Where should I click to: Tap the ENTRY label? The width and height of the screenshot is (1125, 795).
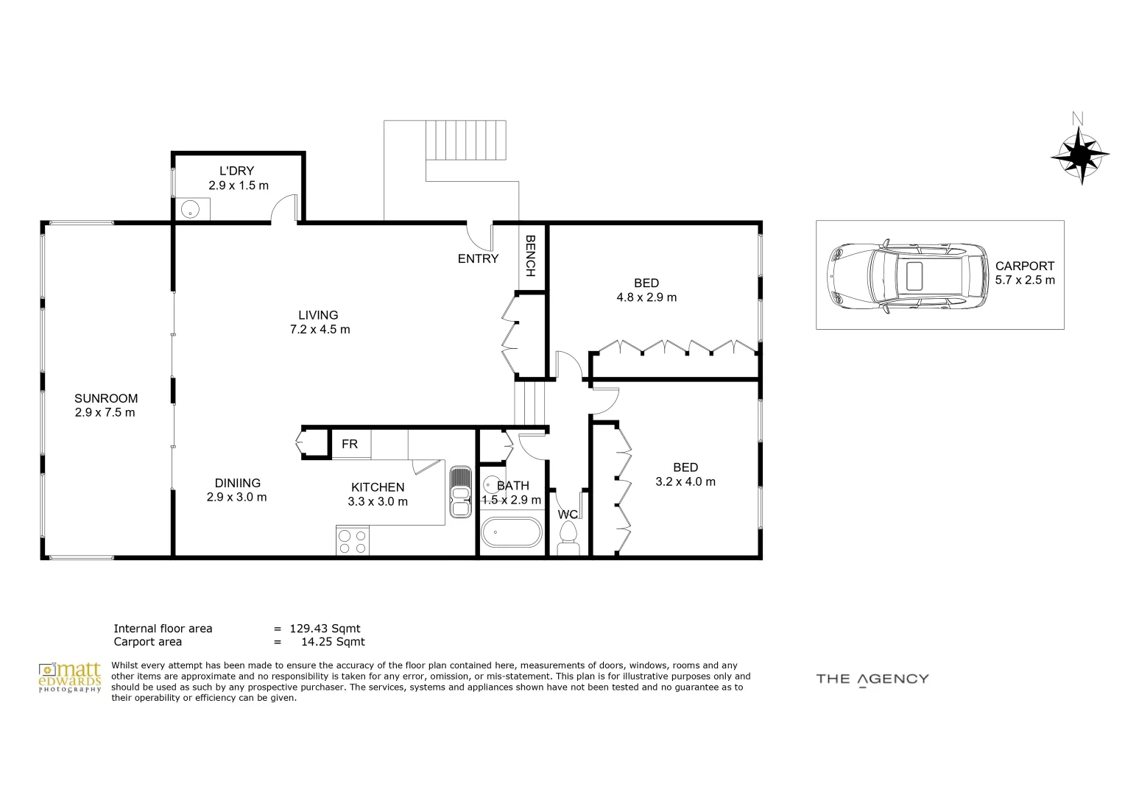coord(478,258)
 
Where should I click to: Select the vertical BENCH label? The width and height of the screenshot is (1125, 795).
coord(529,255)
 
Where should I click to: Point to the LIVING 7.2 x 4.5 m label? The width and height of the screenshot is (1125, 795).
coord(320,322)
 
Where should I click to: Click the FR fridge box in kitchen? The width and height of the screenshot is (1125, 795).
coord(350,444)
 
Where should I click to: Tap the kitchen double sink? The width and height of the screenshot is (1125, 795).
coord(460,492)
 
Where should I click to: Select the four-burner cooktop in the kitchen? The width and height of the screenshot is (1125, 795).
coord(352,541)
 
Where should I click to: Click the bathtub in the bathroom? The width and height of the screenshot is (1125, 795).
coord(511,532)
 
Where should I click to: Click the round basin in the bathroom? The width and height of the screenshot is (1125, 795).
coord(492,486)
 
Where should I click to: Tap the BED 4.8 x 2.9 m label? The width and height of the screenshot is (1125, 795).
coord(646,290)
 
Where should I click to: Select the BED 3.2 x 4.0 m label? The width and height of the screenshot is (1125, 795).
coord(685,474)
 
